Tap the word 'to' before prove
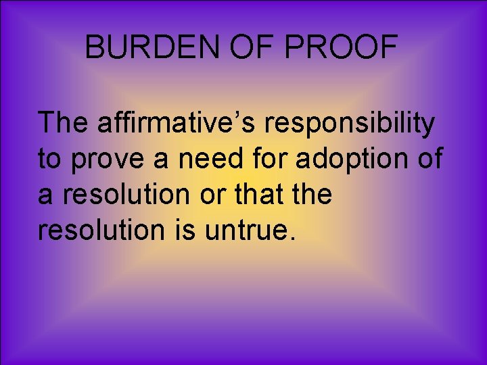point(49,160)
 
